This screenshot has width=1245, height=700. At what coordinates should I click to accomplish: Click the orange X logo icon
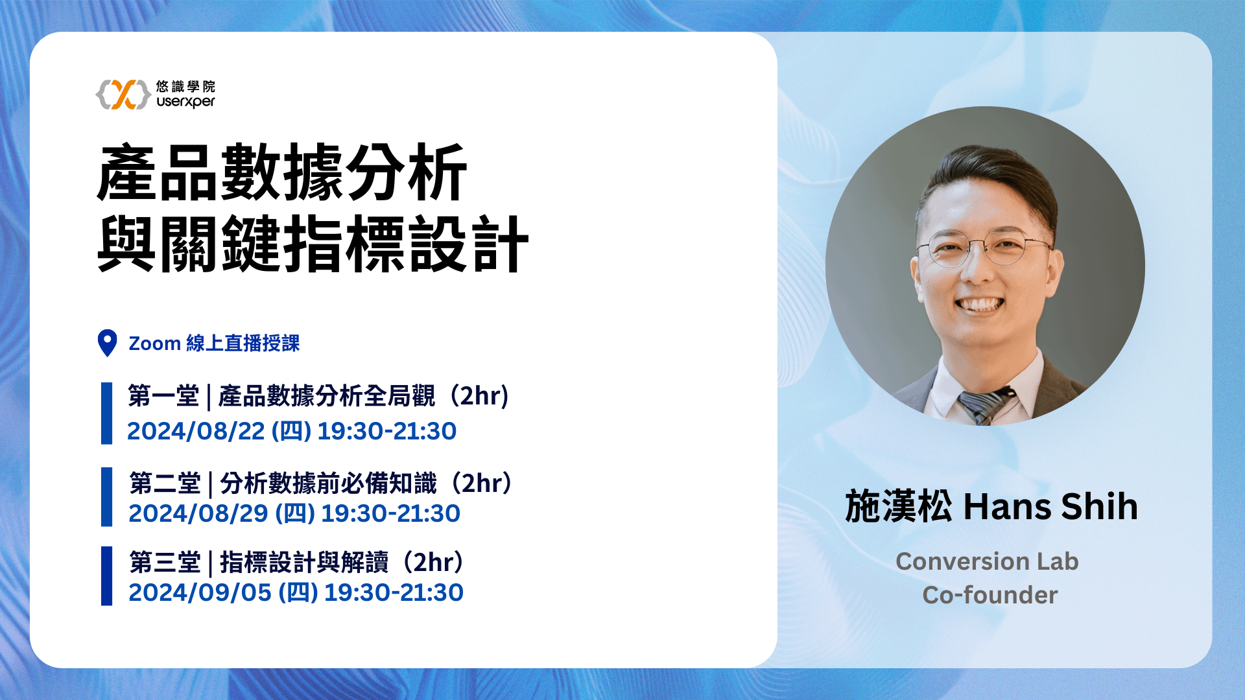coord(123,95)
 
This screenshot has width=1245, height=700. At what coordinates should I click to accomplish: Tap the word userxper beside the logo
coord(185,102)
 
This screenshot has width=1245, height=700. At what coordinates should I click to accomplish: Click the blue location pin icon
coord(107,343)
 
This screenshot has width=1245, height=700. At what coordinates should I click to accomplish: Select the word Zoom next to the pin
coord(154,344)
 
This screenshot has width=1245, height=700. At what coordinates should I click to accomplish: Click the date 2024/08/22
coord(196,431)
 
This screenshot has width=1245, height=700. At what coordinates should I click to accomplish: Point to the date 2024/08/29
coord(198,513)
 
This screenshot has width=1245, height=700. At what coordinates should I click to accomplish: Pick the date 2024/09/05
coord(200,592)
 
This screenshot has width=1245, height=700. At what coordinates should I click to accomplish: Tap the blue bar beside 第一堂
coord(106,414)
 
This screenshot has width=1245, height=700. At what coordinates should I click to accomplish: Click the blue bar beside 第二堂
coord(106,496)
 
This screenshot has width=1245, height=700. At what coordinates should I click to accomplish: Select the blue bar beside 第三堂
coord(106,576)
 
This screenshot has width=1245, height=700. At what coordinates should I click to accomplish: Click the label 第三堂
coord(165,562)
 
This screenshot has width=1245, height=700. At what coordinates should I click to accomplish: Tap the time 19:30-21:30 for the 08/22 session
coord(387,431)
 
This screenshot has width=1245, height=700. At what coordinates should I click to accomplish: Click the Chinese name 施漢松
coord(899,507)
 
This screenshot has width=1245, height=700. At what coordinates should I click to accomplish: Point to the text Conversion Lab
coord(987,561)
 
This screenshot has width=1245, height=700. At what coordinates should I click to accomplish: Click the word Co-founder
coord(990,595)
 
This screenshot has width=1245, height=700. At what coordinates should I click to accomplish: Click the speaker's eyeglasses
coord(984,248)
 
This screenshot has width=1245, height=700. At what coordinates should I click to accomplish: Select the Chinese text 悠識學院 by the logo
coord(185,86)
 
